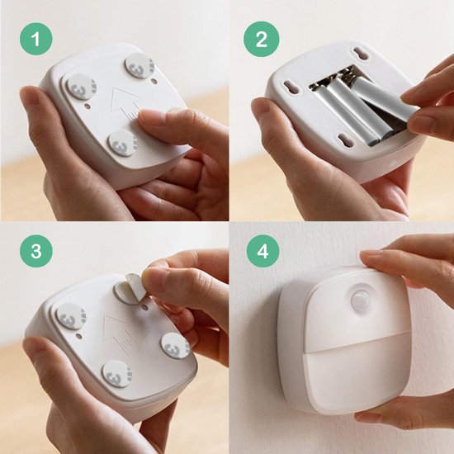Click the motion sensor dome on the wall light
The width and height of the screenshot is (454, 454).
[360, 297]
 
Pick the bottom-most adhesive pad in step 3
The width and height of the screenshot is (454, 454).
[118, 374]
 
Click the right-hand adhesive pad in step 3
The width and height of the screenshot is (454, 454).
[175, 345]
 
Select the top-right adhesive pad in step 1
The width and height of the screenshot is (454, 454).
[139, 66]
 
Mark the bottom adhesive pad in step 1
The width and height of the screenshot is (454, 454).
[122, 142]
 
